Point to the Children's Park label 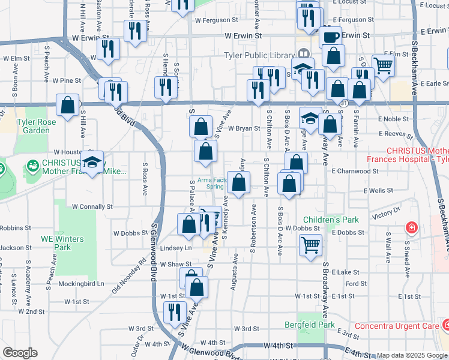[331, 220]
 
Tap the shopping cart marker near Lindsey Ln [310, 244]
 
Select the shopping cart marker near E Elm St [382, 64]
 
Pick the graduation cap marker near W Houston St [92, 162]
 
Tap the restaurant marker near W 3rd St [175, 312]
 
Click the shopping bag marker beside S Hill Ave [68, 104]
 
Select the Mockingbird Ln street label [84, 283]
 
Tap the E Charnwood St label [355, 171]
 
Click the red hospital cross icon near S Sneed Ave [412, 228]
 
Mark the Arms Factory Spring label [206, 182]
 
